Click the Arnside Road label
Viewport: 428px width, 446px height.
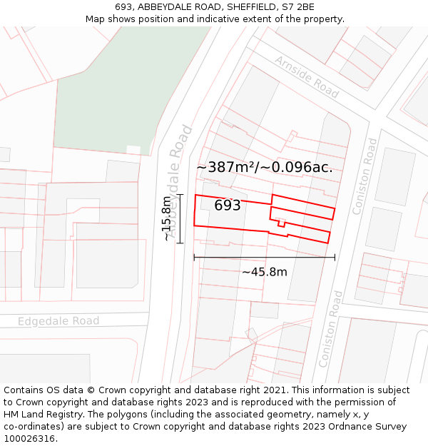click(x=306, y=77)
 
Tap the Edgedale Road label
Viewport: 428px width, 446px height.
click(x=58, y=321)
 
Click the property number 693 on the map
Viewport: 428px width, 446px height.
click(x=228, y=206)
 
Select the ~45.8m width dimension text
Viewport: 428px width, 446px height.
click(x=264, y=272)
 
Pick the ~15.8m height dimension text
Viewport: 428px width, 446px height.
click(x=166, y=218)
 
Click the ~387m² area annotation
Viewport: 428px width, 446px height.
click(x=264, y=167)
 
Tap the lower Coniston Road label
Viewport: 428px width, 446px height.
click(x=331, y=328)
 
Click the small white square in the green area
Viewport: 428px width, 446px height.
click(x=133, y=150)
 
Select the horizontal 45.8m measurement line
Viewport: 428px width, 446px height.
click(x=264, y=258)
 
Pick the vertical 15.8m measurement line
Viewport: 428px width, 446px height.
click(x=180, y=218)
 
